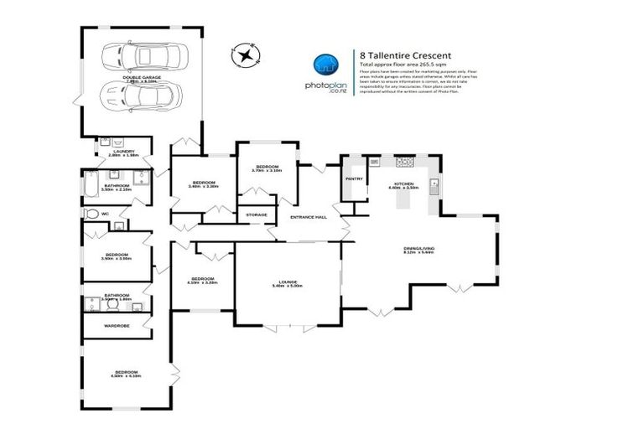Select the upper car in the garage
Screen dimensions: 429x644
[x=140, y=59]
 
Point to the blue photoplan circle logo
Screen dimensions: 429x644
[x=325, y=67]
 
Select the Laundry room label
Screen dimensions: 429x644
[x=122, y=152]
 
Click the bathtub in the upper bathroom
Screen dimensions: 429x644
[x=92, y=183]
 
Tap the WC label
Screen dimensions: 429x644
[x=106, y=214]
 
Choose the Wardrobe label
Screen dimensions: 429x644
[x=117, y=325]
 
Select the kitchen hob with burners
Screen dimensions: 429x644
[x=406, y=162]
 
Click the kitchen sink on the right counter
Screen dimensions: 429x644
[x=435, y=183]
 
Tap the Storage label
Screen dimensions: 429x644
[x=257, y=215]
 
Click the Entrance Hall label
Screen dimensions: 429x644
[x=308, y=217]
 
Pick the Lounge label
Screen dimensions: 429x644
[x=288, y=282]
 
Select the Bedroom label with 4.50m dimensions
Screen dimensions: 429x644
[x=126, y=373]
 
